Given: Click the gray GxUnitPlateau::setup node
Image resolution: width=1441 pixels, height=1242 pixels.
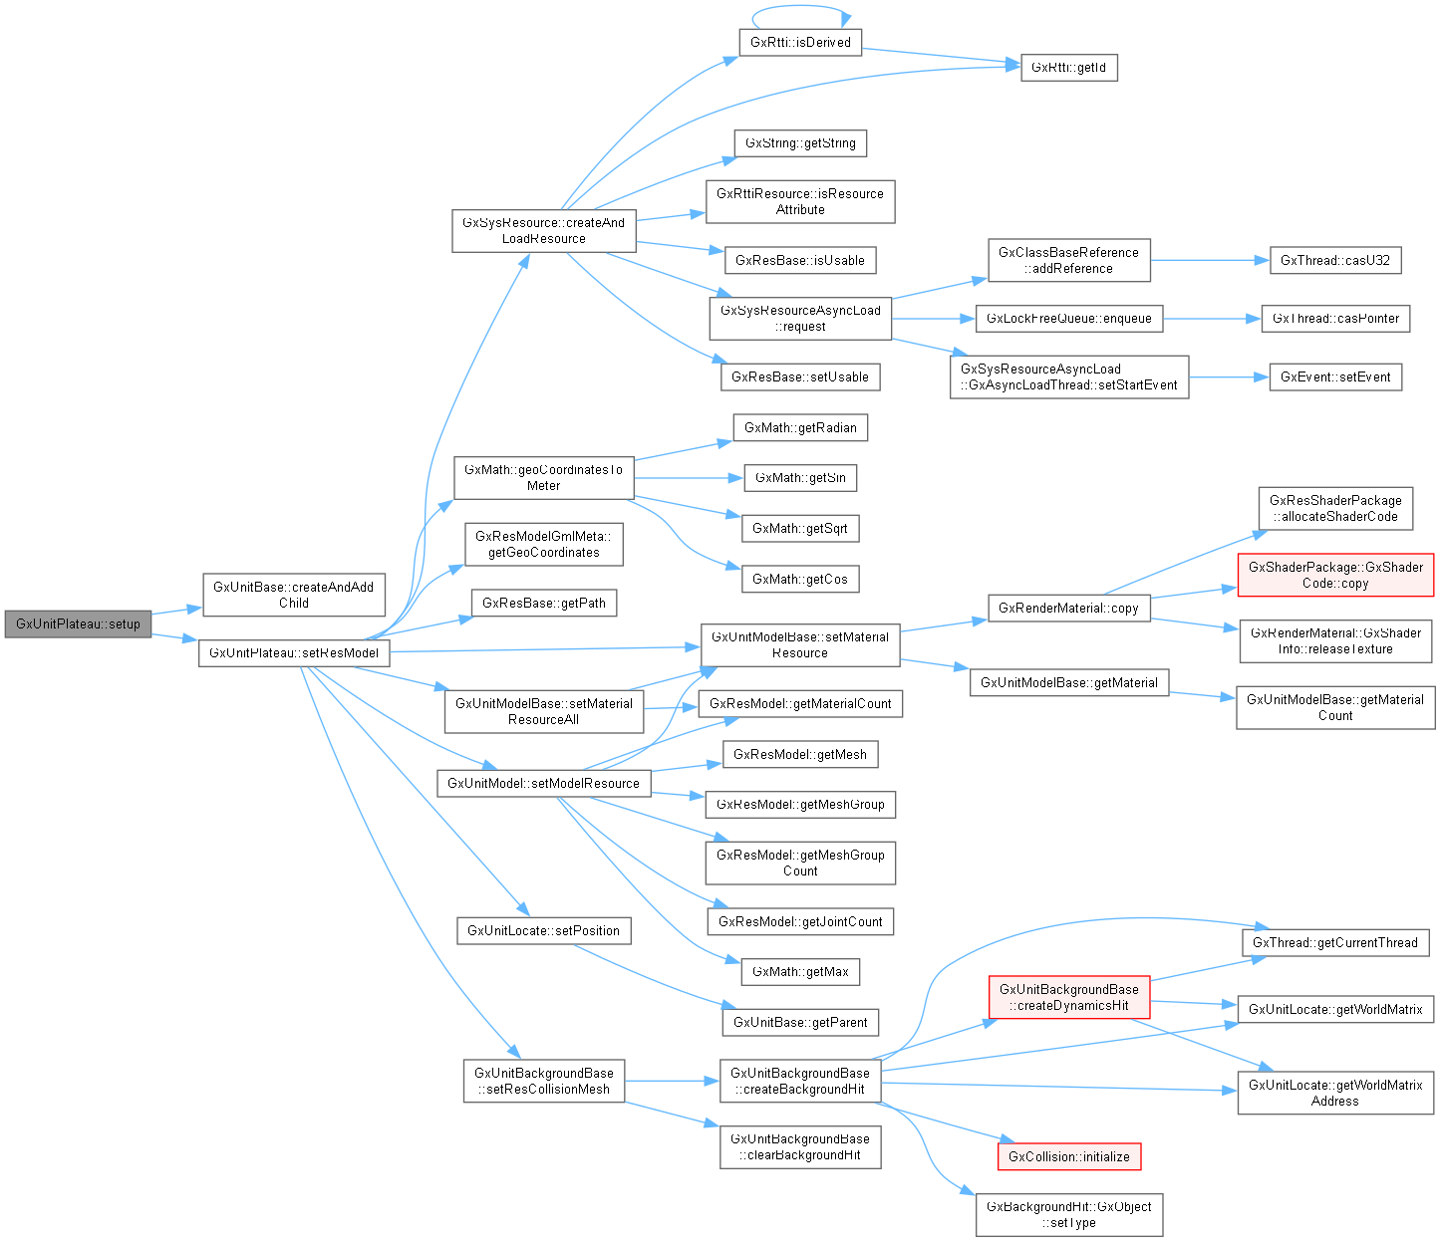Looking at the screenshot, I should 78,623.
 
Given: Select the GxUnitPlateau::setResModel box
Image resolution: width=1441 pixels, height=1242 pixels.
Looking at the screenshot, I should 294,653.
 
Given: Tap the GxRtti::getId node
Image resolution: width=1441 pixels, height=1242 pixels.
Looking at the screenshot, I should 1068,68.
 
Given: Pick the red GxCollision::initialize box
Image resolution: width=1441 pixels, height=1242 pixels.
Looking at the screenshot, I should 1068,1156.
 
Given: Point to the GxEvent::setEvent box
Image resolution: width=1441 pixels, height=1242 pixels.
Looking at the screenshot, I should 1335,376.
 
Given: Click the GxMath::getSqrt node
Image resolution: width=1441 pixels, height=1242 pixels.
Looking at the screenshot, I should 799,528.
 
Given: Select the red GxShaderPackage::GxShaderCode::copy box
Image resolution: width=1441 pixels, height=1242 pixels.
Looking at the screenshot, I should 1335,575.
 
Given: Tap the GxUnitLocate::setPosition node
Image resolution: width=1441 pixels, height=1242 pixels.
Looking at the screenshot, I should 543,930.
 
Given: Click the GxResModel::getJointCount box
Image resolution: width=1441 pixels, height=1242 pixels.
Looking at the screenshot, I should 800,921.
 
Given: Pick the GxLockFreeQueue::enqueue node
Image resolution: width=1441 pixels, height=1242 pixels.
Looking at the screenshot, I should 1068,319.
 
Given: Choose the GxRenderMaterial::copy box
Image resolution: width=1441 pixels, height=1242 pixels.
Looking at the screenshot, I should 1068,608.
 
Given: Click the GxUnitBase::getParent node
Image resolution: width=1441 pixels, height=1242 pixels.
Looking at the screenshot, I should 800,1022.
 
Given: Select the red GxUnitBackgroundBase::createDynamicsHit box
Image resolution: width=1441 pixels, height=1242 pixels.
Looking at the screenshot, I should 1068,997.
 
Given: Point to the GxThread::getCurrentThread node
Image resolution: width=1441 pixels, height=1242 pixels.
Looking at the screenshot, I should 1334,942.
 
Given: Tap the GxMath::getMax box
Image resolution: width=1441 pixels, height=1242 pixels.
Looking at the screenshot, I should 800,971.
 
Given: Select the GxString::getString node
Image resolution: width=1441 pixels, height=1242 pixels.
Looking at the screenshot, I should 800,143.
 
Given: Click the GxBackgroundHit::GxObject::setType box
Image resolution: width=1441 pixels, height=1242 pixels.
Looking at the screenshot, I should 1068,1214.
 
